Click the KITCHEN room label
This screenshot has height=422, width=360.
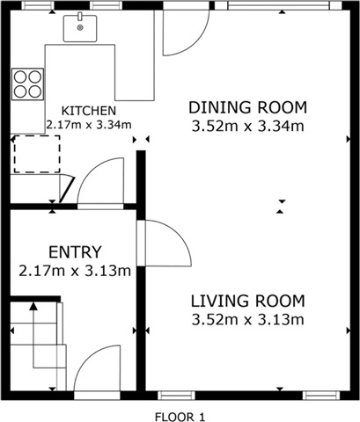pos(89,111)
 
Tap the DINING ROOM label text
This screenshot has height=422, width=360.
pos(247,107)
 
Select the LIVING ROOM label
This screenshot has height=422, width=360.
pos(248,301)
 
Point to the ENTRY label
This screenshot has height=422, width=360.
pos(75,252)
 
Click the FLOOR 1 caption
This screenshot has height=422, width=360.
pos(180,417)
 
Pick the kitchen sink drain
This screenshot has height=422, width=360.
pos(80,27)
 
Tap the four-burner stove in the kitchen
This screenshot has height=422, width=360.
pos(27,84)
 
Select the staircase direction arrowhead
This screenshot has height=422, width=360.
pos(33,306)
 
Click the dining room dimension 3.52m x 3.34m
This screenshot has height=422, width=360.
pos(247,127)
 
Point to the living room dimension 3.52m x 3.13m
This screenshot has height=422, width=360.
pos(247,319)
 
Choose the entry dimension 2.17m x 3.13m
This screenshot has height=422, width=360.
pos(75,271)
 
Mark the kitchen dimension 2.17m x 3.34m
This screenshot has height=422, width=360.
pos(89,125)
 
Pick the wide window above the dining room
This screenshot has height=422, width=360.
pos(278,5)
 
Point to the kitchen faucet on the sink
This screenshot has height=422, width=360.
pos(80,17)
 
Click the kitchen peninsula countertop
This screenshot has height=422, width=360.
pos(99,72)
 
